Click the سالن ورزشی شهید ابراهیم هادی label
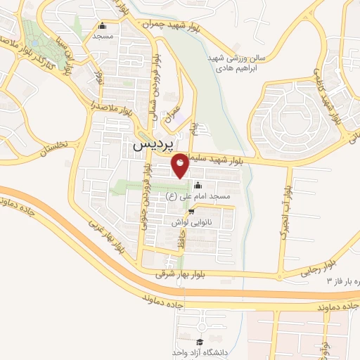[231, 64]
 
